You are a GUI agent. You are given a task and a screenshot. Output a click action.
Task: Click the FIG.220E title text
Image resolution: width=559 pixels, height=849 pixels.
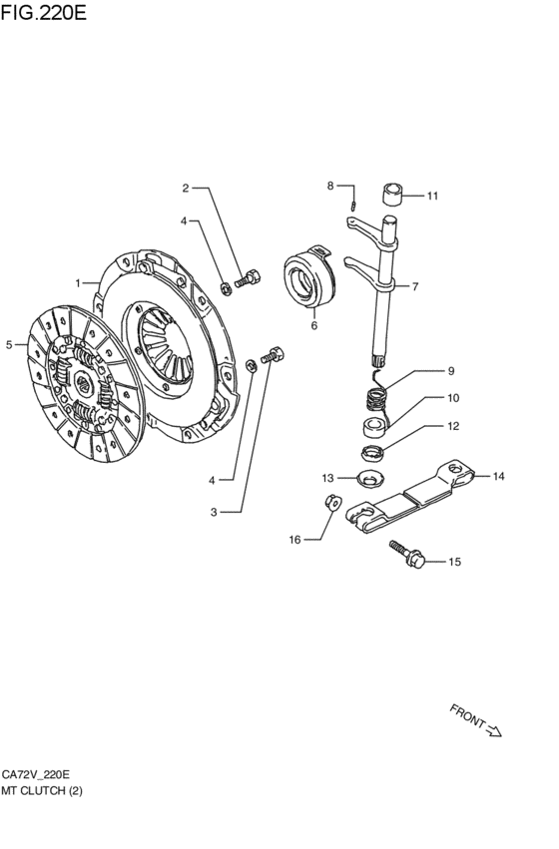coord(43,12)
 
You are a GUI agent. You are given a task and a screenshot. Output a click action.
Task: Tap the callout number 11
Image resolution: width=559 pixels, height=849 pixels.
coord(432,196)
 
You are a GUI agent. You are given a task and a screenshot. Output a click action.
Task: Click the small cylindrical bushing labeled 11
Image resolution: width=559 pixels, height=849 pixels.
coord(394,195)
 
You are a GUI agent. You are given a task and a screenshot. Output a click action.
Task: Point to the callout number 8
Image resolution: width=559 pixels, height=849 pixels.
coord(329,186)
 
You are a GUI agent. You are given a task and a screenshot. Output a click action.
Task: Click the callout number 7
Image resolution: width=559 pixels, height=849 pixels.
coord(415,286)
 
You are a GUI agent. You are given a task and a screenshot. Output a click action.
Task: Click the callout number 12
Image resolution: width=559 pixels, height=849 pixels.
coord(453,426)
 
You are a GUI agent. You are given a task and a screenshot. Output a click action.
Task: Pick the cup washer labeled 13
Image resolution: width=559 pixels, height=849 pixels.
coord(371,478)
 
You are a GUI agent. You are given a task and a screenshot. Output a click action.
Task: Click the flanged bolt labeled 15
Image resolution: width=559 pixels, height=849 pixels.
coord(407,554)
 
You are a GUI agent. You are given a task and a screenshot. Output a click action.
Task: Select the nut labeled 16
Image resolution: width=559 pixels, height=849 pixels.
coord(332,502)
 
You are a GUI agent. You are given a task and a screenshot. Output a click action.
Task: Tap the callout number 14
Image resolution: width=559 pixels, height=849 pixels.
coord(498,477)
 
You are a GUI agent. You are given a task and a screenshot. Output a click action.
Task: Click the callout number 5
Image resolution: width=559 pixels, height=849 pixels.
coord(9,345)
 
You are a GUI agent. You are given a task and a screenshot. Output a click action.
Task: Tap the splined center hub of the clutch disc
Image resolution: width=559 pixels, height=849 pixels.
coord(83,384)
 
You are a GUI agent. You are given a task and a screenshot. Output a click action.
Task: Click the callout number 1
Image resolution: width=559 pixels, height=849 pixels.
coord(78,283)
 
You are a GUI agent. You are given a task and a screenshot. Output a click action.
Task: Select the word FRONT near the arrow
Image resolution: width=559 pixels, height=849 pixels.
coord(467,715)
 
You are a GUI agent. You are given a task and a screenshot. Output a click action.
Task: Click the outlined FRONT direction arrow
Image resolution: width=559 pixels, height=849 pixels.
coord(494,730)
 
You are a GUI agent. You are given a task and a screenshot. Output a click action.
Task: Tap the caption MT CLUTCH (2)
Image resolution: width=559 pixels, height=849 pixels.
coord(42,790)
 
